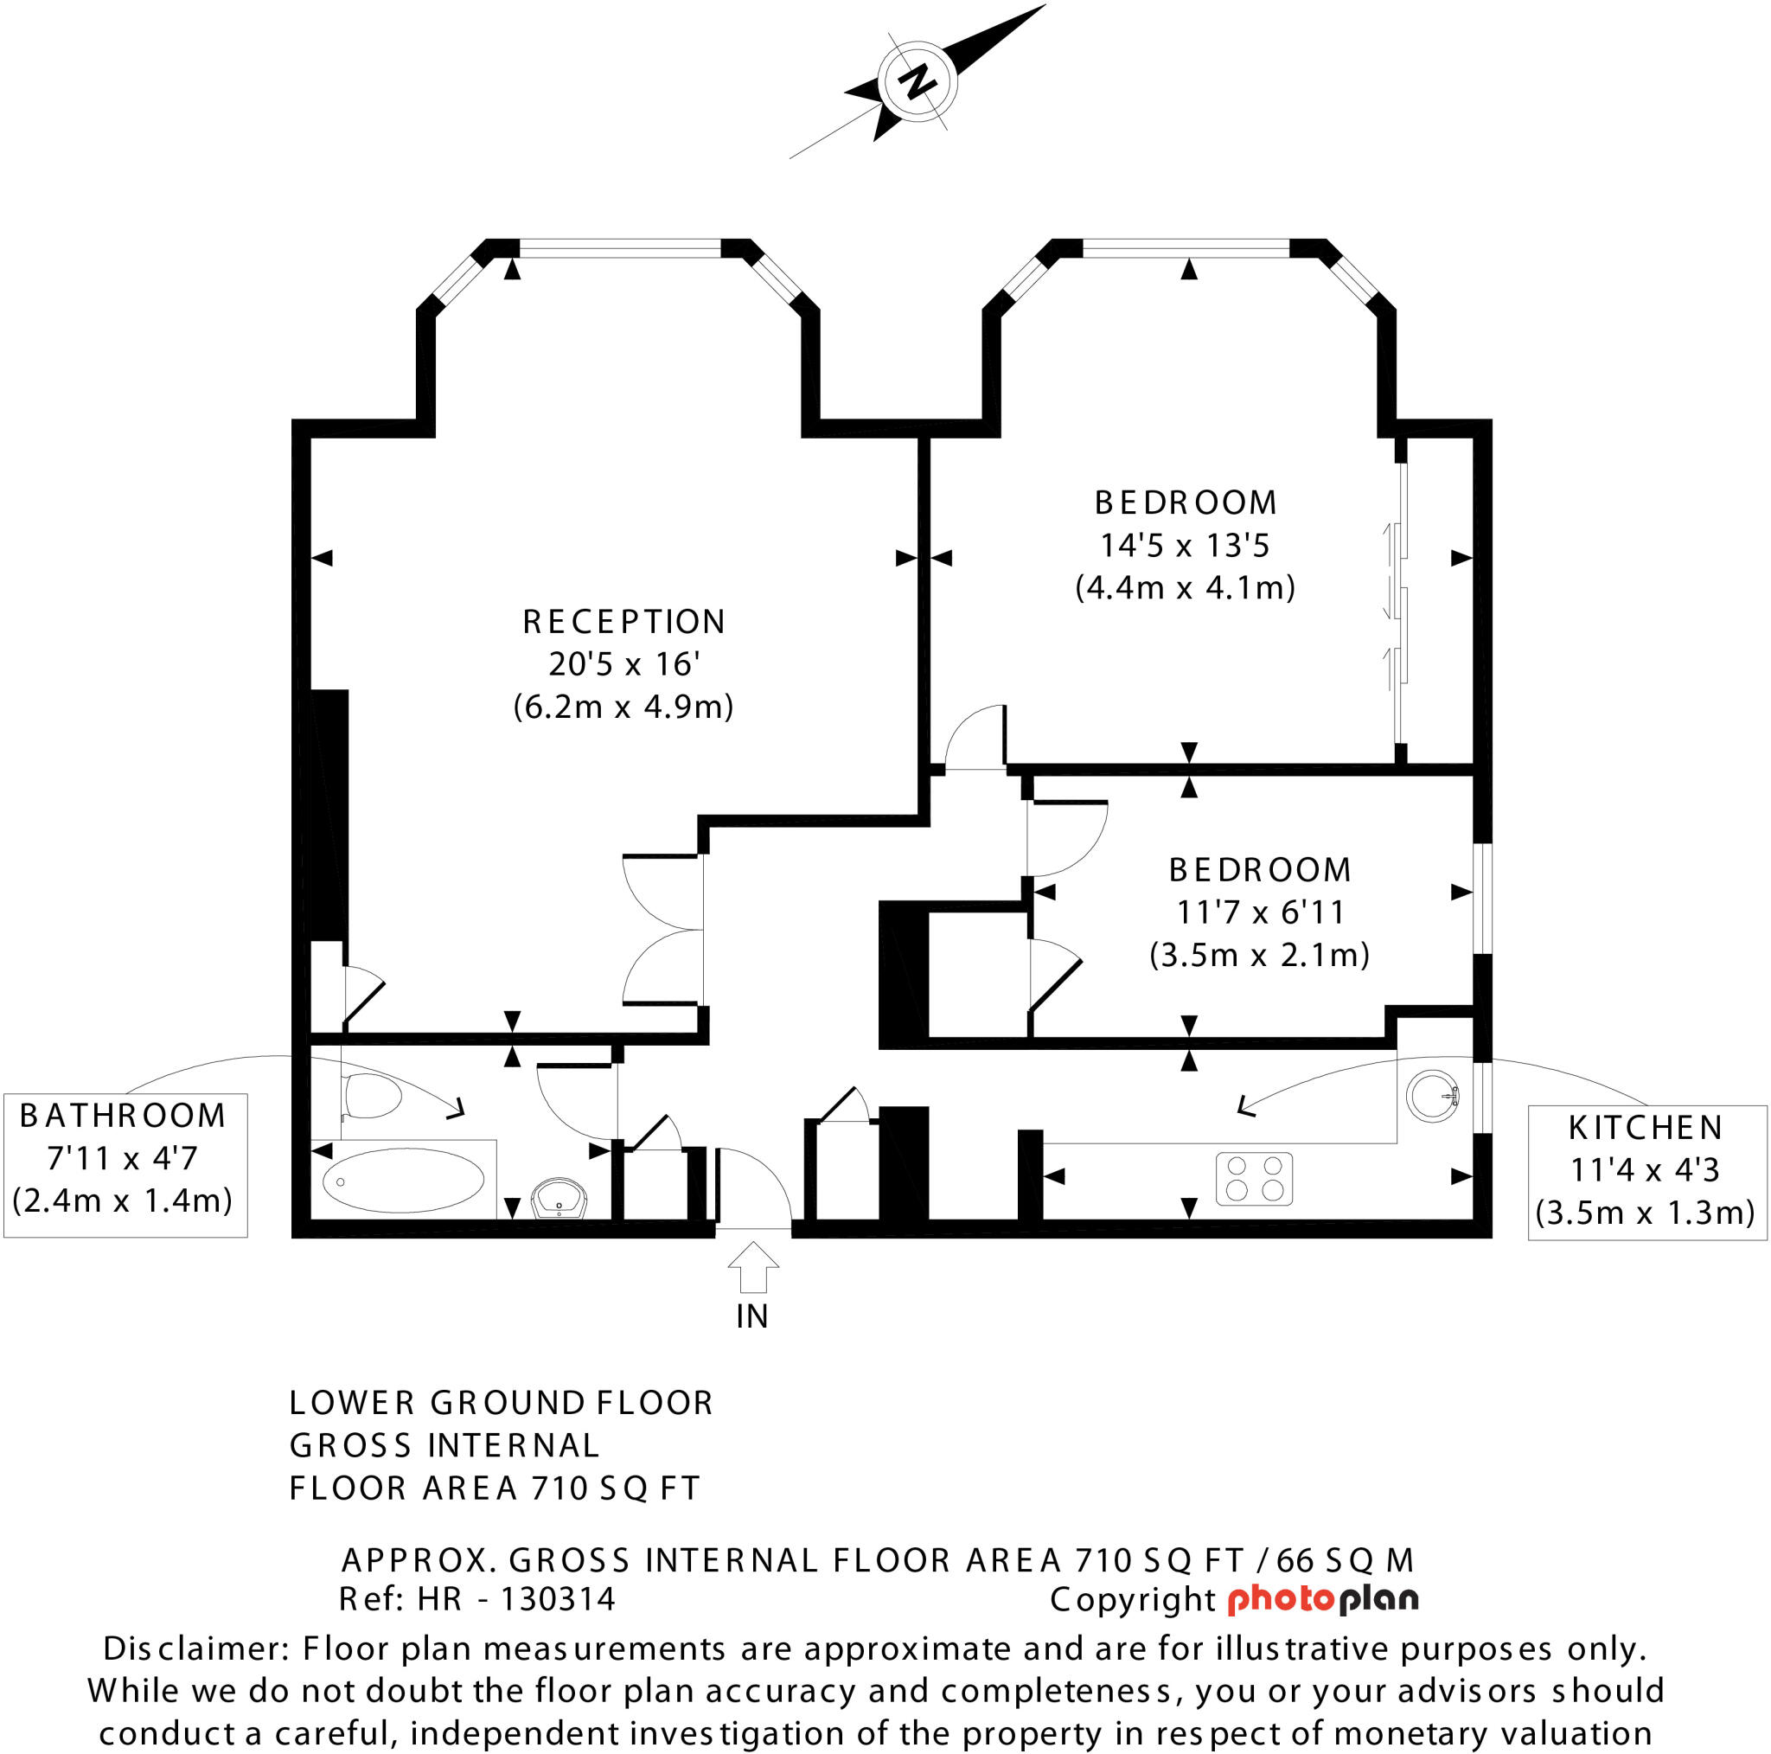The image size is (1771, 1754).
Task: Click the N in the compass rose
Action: click(917, 80)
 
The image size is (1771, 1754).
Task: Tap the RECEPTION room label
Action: click(623, 622)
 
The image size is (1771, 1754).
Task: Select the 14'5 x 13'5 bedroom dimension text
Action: click(1185, 546)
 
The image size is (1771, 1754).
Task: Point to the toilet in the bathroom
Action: click(372, 1096)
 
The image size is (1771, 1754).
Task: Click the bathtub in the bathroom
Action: click(403, 1180)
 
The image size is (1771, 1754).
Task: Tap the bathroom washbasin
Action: click(559, 1199)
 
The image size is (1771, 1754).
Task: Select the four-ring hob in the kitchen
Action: click(1254, 1178)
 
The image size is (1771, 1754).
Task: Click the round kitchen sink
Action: click(1432, 1096)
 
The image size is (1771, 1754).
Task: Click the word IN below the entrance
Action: click(751, 1316)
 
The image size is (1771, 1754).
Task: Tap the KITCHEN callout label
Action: click(1646, 1128)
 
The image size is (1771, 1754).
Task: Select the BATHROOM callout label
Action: click(123, 1116)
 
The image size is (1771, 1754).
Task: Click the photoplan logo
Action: click(1323, 1600)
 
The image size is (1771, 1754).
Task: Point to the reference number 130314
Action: click(558, 1600)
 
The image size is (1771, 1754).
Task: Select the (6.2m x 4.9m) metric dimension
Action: click(623, 707)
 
